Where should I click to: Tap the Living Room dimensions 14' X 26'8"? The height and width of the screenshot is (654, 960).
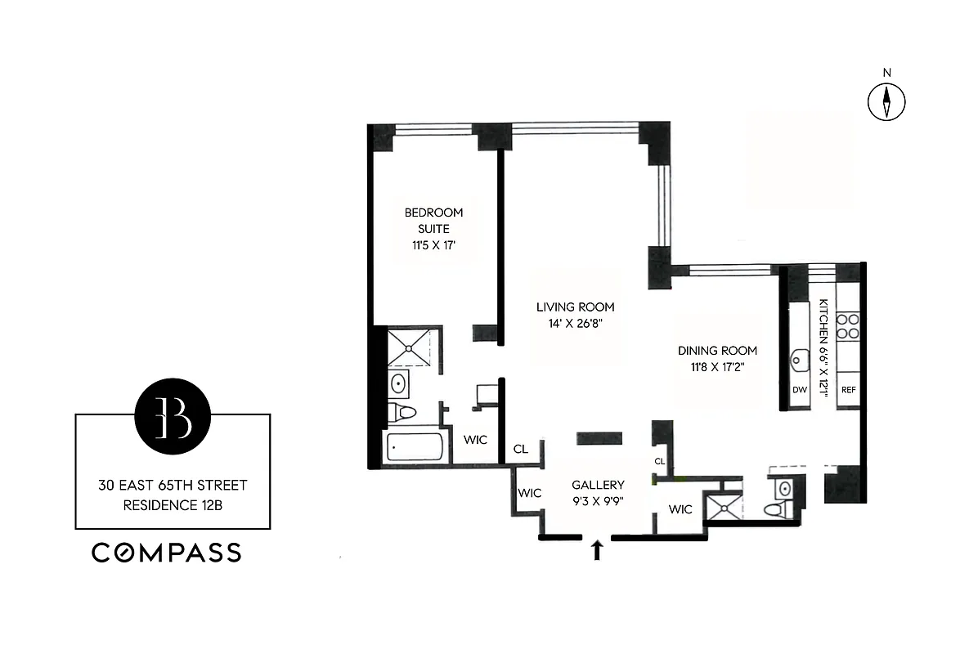[x=575, y=322]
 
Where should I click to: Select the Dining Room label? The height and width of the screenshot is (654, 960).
[x=717, y=351]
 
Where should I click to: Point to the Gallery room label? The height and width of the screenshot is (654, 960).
[x=598, y=485]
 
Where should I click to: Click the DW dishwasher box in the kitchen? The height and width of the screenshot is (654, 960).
[x=799, y=390]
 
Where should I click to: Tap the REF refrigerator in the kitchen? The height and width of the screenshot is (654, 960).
[x=848, y=390]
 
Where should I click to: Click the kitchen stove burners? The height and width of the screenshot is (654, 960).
[x=848, y=327]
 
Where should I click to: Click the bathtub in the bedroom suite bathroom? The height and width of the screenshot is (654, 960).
[x=415, y=447]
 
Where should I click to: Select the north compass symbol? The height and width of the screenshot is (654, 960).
[x=886, y=101]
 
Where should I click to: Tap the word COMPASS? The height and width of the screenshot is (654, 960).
[x=166, y=553]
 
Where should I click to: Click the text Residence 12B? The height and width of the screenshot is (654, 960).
[x=173, y=505]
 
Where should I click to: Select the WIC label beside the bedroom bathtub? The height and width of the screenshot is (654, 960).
[x=475, y=440]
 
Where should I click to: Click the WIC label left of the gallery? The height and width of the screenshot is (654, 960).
[x=529, y=493]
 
